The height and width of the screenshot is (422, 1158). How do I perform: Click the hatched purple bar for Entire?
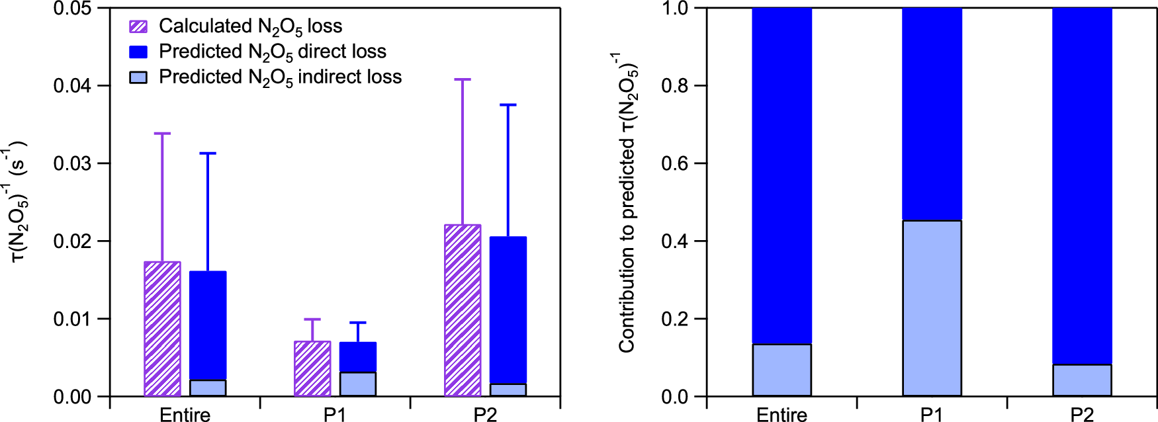[x=162, y=329]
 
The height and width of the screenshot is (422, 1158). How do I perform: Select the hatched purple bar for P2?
[x=463, y=310]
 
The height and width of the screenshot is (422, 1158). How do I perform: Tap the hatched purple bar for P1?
[x=312, y=368]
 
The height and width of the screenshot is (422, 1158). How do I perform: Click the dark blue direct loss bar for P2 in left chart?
[x=508, y=310]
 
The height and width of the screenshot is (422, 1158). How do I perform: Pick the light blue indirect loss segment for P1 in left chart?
[x=358, y=384]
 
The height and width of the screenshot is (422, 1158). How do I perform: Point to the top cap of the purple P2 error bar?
[x=463, y=79]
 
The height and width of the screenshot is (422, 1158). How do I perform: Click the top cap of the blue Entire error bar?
[x=208, y=153]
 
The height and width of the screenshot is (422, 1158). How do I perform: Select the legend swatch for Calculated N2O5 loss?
[x=138, y=26]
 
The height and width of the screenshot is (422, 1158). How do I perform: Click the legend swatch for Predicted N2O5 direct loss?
[x=138, y=52]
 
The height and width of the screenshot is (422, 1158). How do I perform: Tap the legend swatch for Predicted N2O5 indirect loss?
[x=138, y=77]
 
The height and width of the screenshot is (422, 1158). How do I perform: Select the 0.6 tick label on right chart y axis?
[x=675, y=163]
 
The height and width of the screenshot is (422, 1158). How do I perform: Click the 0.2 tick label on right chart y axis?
[x=675, y=319]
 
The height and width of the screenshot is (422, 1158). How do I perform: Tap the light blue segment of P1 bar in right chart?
[x=932, y=308]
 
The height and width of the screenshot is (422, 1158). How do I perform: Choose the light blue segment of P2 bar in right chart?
[x=1082, y=380]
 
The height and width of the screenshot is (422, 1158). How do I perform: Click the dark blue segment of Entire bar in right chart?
[x=781, y=175]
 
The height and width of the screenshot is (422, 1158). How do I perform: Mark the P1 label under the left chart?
[x=335, y=415]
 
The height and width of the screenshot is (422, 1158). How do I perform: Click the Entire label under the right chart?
[x=781, y=415]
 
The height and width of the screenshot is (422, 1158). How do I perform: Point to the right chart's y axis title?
[x=627, y=202]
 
